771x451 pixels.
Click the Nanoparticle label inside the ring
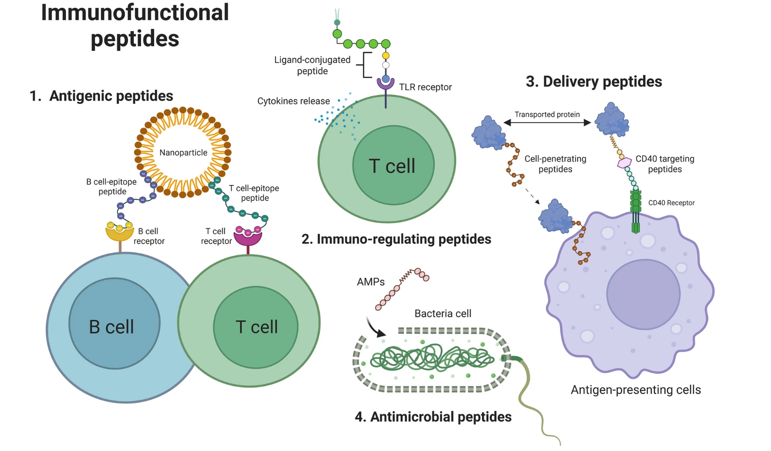tap(183, 153)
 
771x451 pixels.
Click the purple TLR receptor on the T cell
tap(386, 84)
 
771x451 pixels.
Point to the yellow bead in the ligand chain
tap(386, 56)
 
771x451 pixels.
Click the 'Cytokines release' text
tap(293, 101)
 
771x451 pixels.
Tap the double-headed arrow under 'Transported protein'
tap(547, 123)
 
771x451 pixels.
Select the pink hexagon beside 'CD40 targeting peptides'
tap(624, 162)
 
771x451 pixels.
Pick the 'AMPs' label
tap(371, 282)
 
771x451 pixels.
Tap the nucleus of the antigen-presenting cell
tap(643, 294)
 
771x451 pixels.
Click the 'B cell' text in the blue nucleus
tap(111, 327)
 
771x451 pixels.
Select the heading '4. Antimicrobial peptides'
tap(433, 417)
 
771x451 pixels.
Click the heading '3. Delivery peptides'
tap(594, 81)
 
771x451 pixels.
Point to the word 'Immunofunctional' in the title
tap(135, 12)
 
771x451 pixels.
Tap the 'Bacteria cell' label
tap(443, 313)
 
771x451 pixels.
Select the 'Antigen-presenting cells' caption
tap(635, 390)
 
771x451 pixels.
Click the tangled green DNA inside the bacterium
tap(431, 358)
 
